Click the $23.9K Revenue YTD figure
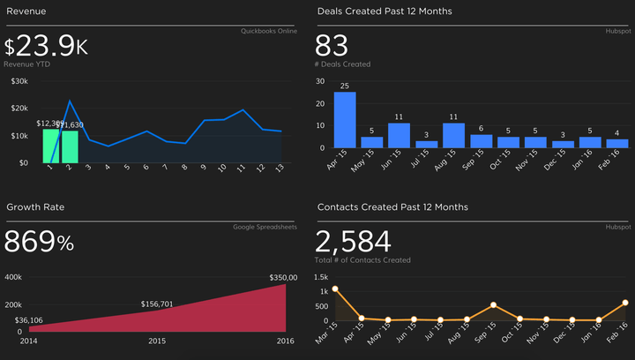(x=46, y=47)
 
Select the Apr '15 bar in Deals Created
(x=345, y=120)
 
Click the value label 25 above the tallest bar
(x=345, y=86)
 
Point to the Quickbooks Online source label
(x=268, y=31)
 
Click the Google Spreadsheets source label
(x=265, y=227)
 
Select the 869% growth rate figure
(x=39, y=243)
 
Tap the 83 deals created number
(x=332, y=46)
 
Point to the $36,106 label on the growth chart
(x=30, y=320)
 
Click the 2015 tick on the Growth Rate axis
(x=157, y=341)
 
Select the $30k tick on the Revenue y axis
(x=19, y=81)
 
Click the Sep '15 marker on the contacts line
(x=493, y=305)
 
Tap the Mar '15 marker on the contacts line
(x=335, y=289)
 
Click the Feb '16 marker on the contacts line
(x=624, y=303)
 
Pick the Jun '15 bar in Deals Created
(x=400, y=135)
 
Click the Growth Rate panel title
(x=35, y=206)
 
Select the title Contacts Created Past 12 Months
(x=392, y=206)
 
